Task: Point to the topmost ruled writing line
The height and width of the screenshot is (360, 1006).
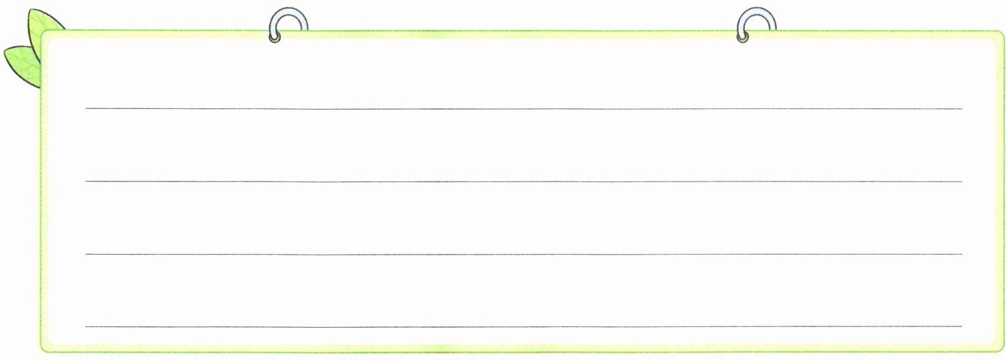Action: coord(523,109)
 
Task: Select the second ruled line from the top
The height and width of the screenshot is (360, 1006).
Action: coord(523,181)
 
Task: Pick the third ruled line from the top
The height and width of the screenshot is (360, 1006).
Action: coord(523,254)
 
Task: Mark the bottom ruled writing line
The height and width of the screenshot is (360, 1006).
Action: coord(523,326)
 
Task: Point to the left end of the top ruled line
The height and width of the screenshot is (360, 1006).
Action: coord(86,109)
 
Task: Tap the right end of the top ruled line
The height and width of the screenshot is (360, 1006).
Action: coord(961,109)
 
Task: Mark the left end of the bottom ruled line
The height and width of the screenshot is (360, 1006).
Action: coord(86,326)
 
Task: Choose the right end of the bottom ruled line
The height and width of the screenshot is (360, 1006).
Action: coord(961,326)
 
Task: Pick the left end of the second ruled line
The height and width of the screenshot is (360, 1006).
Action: coord(86,181)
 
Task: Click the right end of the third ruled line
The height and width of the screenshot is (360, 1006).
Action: coord(961,254)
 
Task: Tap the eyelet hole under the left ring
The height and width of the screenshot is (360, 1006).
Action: coord(275,37)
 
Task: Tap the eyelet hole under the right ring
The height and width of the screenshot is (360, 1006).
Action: coord(743,37)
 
